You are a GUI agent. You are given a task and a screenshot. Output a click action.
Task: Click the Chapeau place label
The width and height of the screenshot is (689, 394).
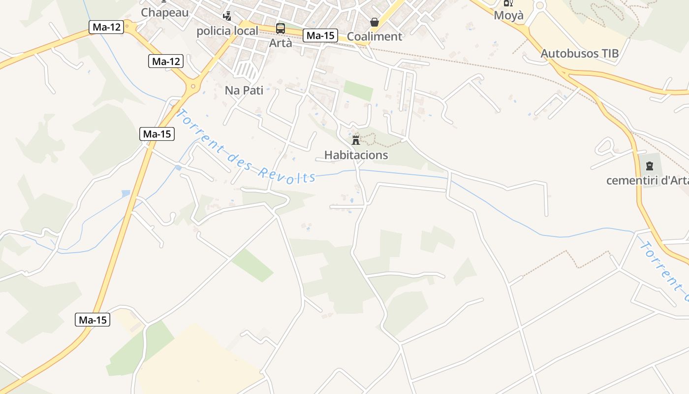165,13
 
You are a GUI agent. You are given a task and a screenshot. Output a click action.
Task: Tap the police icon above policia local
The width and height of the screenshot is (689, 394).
227,16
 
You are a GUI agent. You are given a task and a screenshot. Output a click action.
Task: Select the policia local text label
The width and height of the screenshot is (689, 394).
227,31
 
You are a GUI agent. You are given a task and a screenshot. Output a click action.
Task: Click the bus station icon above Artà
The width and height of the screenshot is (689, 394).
280,28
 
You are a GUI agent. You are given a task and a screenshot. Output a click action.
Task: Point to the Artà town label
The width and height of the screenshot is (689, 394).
281,43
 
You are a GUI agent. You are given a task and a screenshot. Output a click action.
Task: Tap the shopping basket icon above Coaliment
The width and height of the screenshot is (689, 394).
375,22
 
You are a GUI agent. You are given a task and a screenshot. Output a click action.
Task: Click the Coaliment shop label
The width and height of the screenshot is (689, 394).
375,36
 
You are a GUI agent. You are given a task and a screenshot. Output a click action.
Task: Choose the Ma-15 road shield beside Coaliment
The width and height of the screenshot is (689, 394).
320,35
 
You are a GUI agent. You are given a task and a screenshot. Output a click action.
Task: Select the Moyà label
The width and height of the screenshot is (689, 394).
509,15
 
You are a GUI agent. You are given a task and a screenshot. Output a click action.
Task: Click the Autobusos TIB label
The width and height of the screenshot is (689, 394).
579,54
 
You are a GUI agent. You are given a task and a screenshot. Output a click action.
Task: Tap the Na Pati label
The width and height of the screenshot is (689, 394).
244,90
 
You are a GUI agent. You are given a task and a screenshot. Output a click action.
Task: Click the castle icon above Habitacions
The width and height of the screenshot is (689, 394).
356,140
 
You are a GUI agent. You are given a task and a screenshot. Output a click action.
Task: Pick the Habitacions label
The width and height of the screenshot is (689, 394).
356,155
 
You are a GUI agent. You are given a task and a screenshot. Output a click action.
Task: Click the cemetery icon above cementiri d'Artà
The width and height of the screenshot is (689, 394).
649,166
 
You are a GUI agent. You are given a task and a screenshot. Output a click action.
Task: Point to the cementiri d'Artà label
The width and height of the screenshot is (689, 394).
647,181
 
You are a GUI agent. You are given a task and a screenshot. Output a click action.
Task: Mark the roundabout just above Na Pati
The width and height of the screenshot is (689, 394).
193,87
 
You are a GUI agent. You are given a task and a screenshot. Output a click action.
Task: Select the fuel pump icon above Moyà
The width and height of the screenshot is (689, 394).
508,2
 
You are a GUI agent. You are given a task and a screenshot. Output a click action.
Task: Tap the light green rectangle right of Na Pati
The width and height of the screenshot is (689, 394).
358,91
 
